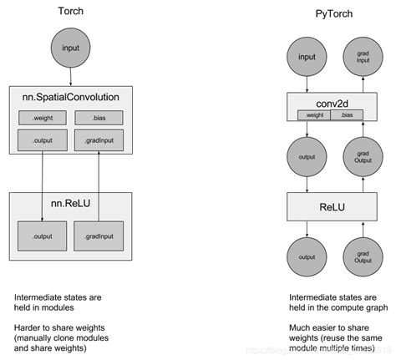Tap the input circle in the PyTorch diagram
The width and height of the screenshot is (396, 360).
tap(306, 58)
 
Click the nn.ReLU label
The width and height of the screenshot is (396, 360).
tap(70, 202)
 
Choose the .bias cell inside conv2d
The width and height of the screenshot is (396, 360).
tap(352, 114)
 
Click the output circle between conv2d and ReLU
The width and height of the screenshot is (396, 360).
tap(306, 158)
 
